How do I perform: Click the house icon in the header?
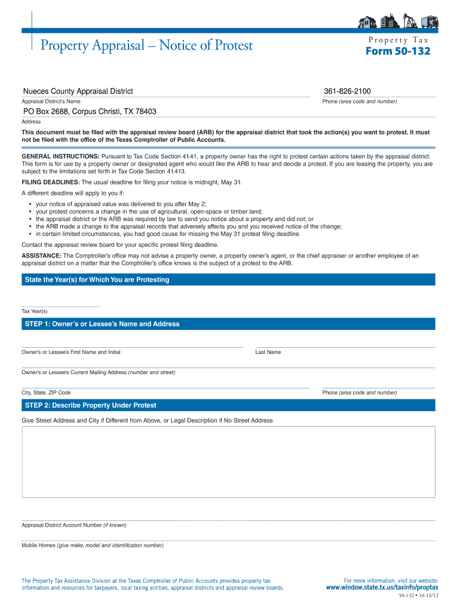coord(366,22)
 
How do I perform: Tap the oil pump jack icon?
coord(409,22)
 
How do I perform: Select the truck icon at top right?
coord(428,22)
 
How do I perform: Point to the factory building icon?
coord(389,22)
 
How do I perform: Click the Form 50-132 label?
coord(397,51)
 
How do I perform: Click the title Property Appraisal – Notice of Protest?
coord(146,45)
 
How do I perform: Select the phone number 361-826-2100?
coord(347,91)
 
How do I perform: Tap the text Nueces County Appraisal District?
coord(78,91)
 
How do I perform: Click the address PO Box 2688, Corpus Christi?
coord(90,112)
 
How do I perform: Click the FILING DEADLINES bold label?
coord(51,182)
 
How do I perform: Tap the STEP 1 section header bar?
coord(228,324)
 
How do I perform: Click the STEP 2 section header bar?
coord(228,405)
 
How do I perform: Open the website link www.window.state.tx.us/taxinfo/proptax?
coord(382,587)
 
